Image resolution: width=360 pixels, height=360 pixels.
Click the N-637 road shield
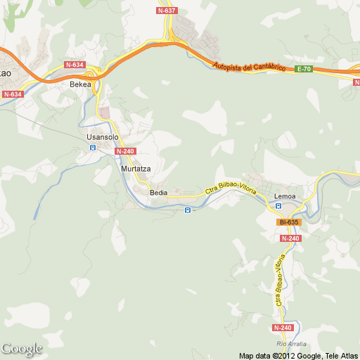[x=167, y=11]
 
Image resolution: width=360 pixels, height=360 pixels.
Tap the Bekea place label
[x=81, y=84]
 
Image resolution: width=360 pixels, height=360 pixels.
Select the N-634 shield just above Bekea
[x=74, y=65]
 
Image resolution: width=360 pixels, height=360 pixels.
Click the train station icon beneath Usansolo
[x=91, y=148]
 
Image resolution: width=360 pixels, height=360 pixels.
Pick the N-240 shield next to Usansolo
[x=124, y=151]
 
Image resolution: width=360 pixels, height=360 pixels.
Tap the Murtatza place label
[x=136, y=169]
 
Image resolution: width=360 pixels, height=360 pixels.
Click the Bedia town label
[x=158, y=192]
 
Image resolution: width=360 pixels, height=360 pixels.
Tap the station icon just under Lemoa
[x=278, y=206]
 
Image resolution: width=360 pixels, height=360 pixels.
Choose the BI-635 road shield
[x=289, y=222]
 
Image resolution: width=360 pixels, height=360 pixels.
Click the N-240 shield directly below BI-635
[x=290, y=238]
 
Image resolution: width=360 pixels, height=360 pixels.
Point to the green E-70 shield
[x=304, y=68]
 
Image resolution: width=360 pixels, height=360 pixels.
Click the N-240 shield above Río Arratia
[x=282, y=328]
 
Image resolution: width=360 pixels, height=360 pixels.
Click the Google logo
[x=22, y=349]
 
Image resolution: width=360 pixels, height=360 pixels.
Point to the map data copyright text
[x=298, y=355]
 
